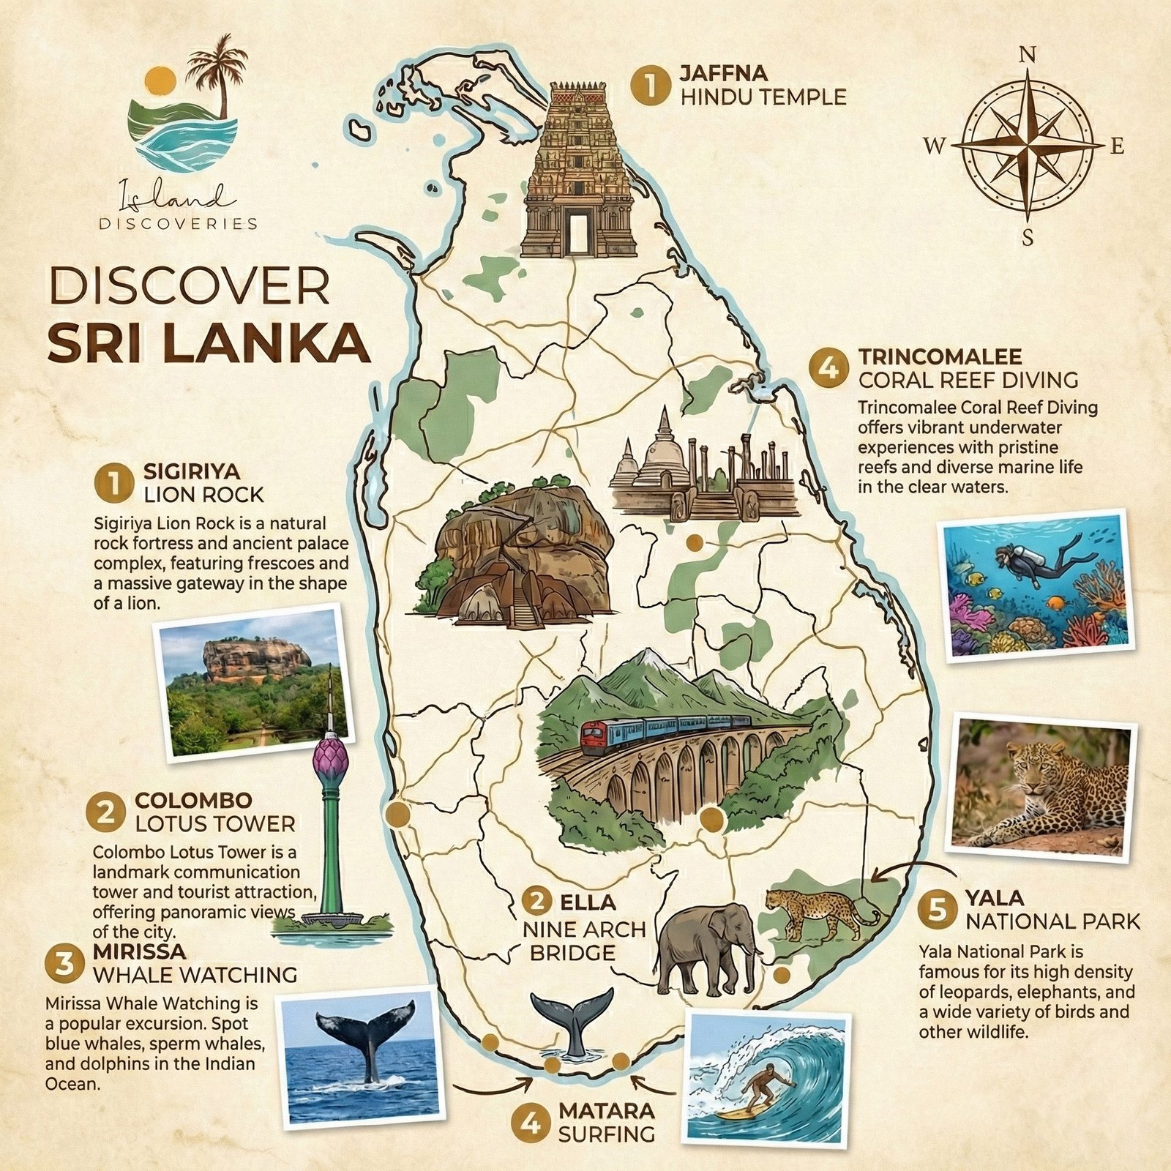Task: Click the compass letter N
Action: (1028, 55)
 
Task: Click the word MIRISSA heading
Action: (139, 952)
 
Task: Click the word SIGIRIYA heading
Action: (192, 471)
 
